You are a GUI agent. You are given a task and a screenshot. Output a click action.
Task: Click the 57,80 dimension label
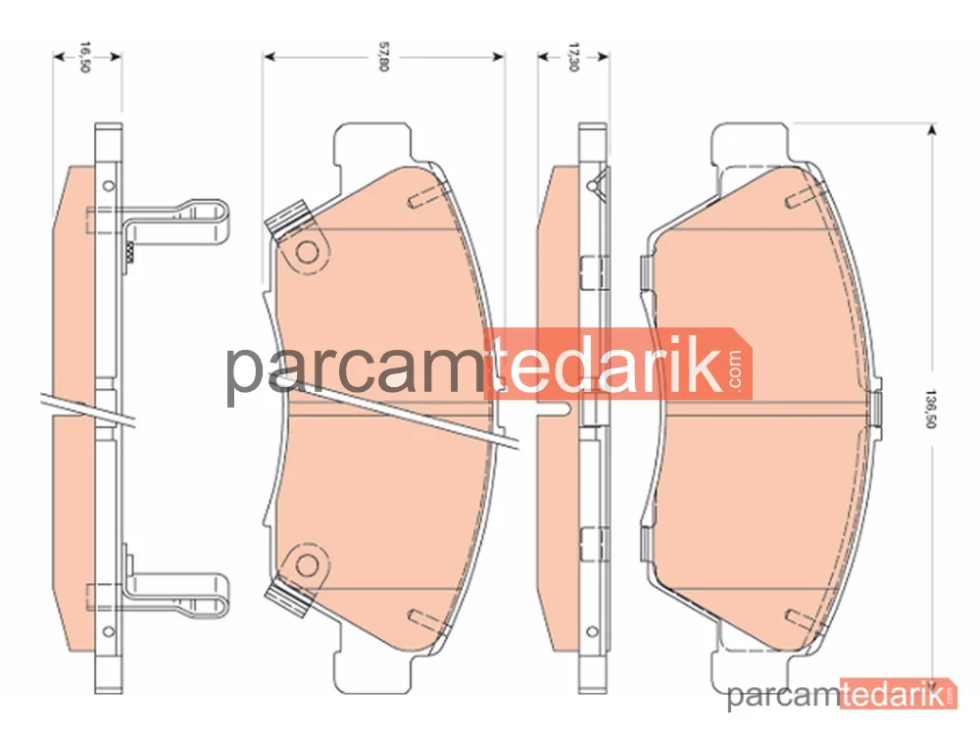[x=384, y=57]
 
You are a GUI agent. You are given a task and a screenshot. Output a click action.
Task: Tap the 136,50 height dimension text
[x=930, y=409]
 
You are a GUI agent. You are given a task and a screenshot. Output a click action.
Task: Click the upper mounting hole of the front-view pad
[x=307, y=253]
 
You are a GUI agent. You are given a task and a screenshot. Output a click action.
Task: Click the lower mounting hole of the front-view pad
[x=307, y=565]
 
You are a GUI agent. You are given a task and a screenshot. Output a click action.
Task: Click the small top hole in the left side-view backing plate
[x=108, y=185]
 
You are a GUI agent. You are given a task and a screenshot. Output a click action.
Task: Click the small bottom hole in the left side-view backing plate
[x=108, y=631]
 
